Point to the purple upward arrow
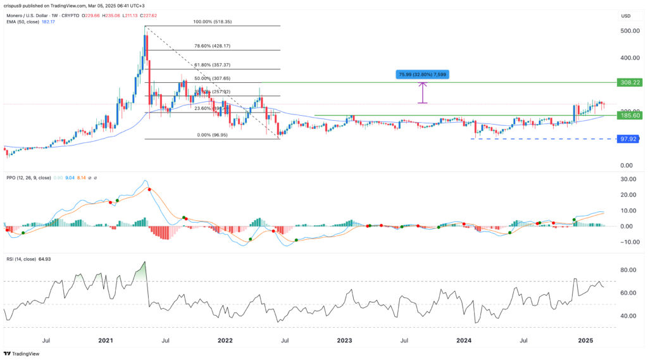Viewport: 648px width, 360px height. pyautogui.click(x=423, y=92)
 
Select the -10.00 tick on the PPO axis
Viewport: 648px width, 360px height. pyautogui.click(x=626, y=242)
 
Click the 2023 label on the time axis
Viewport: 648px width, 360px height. pyautogui.click(x=344, y=340)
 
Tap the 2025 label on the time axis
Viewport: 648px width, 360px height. pyautogui.click(x=585, y=340)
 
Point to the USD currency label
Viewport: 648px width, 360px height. pyautogui.click(x=626, y=16)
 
